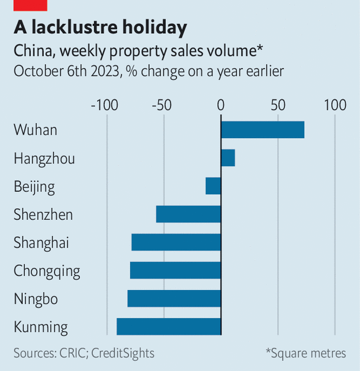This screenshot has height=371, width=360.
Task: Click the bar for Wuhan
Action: click(x=262, y=130)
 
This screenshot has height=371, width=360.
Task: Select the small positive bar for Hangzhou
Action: click(x=228, y=158)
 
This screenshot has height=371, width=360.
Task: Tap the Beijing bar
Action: click(x=213, y=186)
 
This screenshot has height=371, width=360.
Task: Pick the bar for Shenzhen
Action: click(x=188, y=214)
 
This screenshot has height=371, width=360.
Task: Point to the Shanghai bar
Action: click(x=176, y=242)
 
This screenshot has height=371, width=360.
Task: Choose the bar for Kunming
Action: click(x=169, y=327)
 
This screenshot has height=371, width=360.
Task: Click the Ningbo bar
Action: click(x=174, y=299)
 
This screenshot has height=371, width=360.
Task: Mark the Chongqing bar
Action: click(x=176, y=270)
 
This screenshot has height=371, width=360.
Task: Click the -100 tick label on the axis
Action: click(x=105, y=105)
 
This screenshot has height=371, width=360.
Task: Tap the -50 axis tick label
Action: click(x=162, y=105)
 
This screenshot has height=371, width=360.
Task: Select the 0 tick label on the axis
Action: click(x=221, y=105)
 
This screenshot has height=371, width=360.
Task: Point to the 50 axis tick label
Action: click(x=278, y=105)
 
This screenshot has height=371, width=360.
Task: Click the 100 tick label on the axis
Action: click(x=335, y=105)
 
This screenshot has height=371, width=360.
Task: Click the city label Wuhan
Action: click(x=36, y=130)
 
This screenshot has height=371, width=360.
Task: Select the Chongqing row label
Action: click(x=47, y=271)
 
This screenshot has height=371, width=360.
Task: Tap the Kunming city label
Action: click(x=41, y=327)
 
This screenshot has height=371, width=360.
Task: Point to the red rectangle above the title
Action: click(x=30, y=5)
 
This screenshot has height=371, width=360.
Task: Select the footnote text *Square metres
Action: click(x=306, y=353)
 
